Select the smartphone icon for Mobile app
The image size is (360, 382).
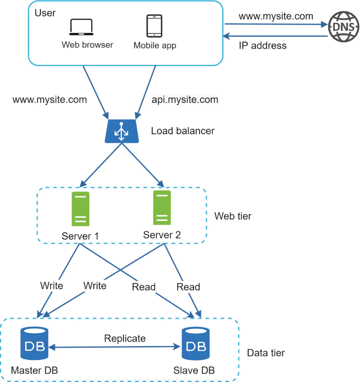coord(154,26)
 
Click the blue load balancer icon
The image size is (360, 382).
coord(122,131)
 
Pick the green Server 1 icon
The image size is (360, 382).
coord(81,209)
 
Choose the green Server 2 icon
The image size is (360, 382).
coord(162,207)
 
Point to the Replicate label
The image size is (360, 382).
coord(125,338)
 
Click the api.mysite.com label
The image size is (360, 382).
coord(185,99)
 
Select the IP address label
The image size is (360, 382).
coord(262,46)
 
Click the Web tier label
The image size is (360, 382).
coord(232,216)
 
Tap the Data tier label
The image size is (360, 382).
coord(266,352)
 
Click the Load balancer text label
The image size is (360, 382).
coord(182,131)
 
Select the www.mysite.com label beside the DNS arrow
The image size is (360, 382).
coord(276,16)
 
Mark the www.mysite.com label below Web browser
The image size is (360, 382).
coord(50,99)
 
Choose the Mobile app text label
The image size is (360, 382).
coord(155,46)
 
